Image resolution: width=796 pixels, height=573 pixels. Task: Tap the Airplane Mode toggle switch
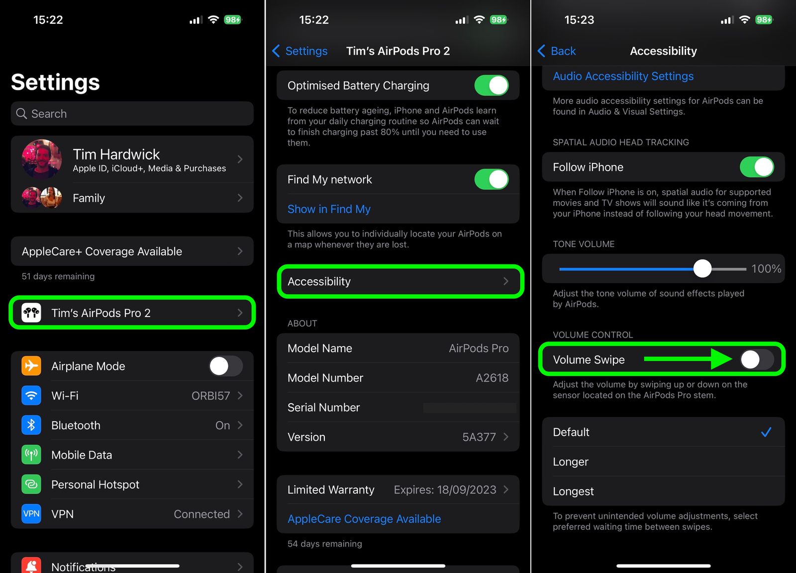pos(226,366)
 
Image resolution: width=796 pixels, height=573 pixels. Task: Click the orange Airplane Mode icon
pos(31,366)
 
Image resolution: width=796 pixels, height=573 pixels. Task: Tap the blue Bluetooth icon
pos(31,425)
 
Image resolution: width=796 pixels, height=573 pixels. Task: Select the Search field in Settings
pos(132,114)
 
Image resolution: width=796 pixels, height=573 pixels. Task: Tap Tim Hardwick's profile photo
pos(42,159)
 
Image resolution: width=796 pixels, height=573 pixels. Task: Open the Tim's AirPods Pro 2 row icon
pos(31,313)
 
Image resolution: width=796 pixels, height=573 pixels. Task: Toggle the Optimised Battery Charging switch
pos(491,85)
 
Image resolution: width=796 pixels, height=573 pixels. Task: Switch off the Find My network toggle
pos(491,179)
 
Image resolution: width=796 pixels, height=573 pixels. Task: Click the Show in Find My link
pos(329,209)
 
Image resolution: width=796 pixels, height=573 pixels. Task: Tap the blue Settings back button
pos(300,51)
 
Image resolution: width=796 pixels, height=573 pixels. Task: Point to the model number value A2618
pos(492,378)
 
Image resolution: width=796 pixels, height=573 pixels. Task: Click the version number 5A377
pos(479,437)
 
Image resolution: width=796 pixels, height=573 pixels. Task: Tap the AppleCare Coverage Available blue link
pos(364,519)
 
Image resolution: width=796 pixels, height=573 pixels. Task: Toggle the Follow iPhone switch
pos(756,167)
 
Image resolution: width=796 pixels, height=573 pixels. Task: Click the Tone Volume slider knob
pos(702,269)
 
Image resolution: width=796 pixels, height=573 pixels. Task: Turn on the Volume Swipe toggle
pos(756,359)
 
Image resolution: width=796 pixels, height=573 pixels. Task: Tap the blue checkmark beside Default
pos(766,432)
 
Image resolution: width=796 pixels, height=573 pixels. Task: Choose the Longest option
pos(573,491)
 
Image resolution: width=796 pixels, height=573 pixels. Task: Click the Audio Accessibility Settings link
pos(623,77)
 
